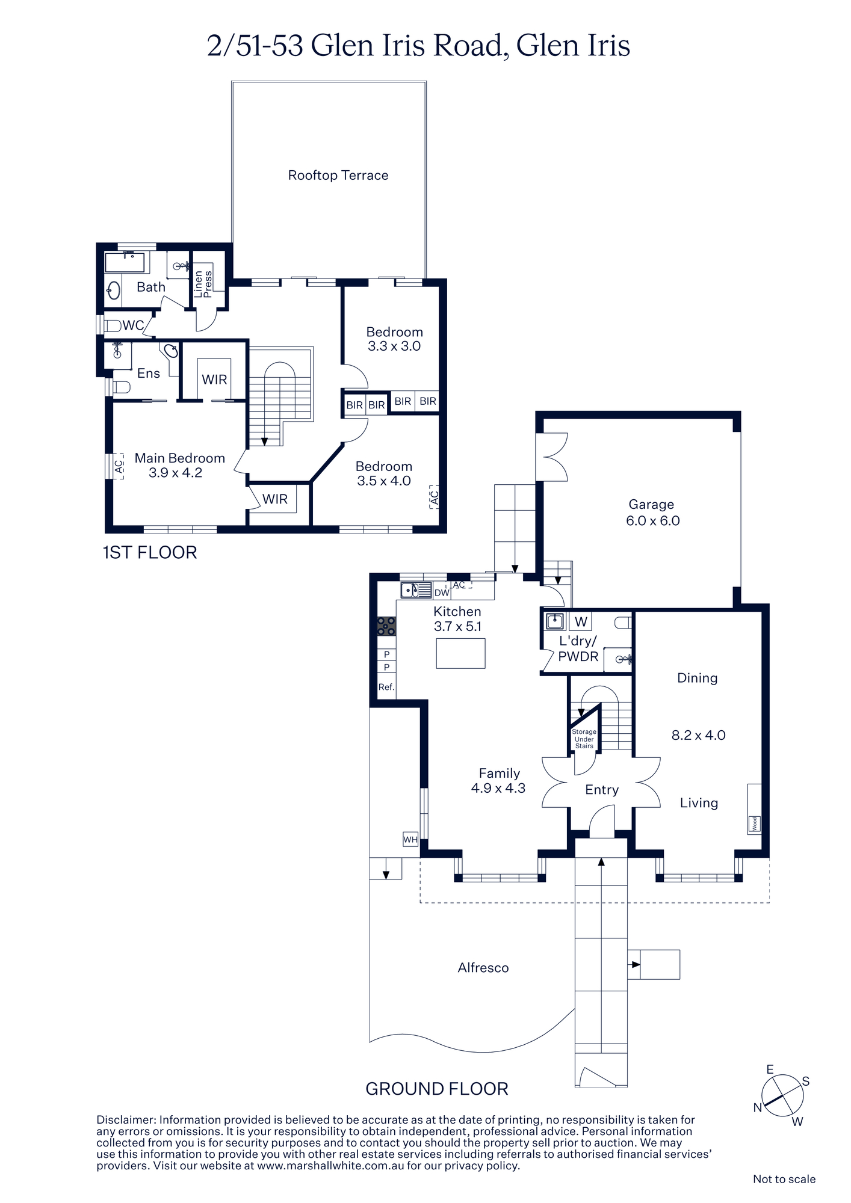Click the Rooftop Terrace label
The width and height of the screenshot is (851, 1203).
[x=338, y=175]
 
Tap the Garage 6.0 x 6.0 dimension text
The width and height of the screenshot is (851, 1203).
[x=652, y=521]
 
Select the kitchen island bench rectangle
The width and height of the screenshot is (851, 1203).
[x=460, y=654]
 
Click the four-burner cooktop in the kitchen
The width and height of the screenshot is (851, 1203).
[x=386, y=626]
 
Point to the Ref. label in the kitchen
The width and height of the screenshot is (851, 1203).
[x=386, y=687]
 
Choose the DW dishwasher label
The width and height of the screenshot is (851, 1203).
[x=442, y=592]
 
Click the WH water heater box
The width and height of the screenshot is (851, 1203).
[x=410, y=839]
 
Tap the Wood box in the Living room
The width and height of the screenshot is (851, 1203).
[x=754, y=823]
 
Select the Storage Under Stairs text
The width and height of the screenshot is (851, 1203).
[x=584, y=739]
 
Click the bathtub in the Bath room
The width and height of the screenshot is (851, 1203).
[x=125, y=263]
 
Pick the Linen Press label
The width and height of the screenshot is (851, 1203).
[x=203, y=284]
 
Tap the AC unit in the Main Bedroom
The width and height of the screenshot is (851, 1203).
[x=118, y=466]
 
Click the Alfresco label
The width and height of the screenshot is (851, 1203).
[x=483, y=968]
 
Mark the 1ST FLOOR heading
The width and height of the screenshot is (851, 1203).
[x=150, y=553]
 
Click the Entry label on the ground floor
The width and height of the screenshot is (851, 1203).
[x=602, y=790]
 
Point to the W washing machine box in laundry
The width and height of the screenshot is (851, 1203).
[x=581, y=621]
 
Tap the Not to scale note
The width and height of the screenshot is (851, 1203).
[x=784, y=1179]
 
